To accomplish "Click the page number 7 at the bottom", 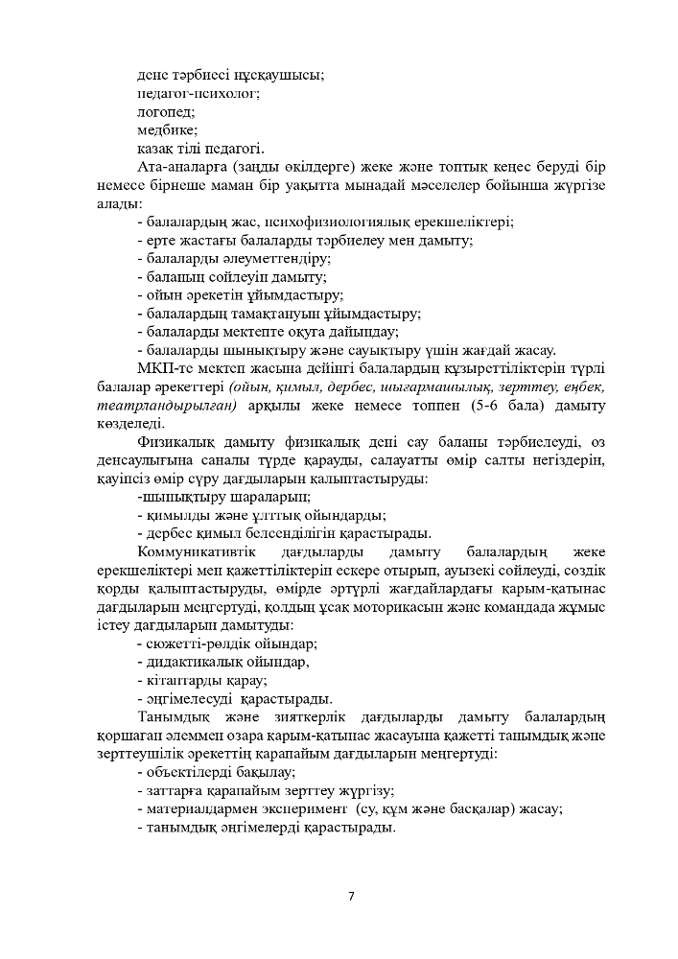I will pos(351,896).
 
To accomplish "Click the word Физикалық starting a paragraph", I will pos(175,442).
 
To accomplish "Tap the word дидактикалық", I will pos(190,662).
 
